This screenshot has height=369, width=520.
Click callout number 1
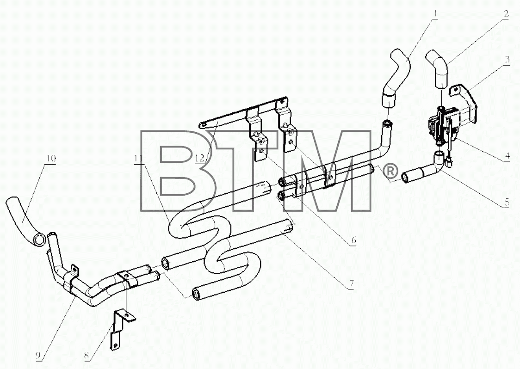point(435,13)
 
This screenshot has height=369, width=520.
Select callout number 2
point(506,13)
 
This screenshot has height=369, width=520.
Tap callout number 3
point(507,60)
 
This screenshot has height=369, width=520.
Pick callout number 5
point(507,202)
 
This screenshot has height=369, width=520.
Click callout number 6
point(354,240)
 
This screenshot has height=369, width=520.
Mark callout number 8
point(87,356)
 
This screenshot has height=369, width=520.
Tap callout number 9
point(38,356)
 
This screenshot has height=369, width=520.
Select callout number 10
point(51,159)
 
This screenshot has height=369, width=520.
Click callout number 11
point(139,159)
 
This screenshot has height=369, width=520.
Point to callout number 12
point(200,158)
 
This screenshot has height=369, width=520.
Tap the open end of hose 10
point(39,240)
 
